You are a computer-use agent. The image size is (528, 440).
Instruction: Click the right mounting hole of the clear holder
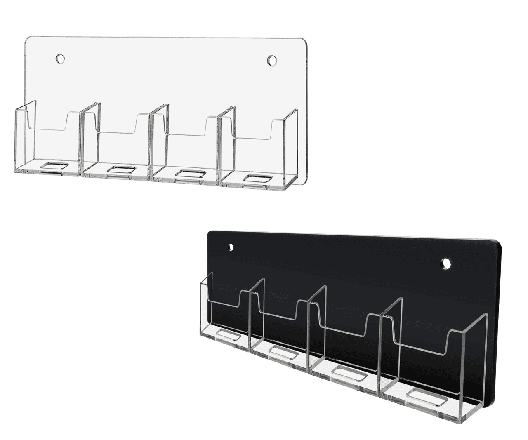coord(272,60)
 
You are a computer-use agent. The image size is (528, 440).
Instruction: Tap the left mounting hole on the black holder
coord(231,247)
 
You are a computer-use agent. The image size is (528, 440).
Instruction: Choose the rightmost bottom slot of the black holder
coord(426,400)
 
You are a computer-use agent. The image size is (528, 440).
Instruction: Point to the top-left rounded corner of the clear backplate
coord(29,40)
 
